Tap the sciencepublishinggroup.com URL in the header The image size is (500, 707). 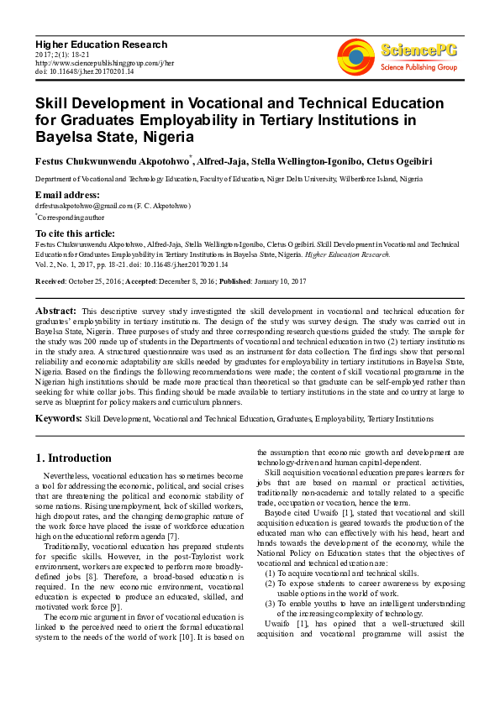coord(104,62)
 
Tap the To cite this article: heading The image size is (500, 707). coord(75,233)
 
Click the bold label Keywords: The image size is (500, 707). coord(59,417)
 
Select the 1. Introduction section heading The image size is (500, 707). coord(73,458)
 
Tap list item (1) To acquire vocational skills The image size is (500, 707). coord(341,572)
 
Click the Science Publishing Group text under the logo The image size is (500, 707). coord(418,66)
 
